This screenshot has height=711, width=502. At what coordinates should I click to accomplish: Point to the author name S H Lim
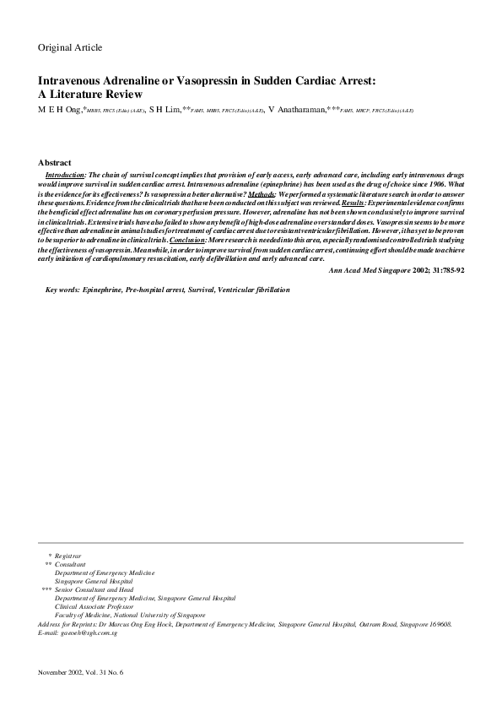(165, 110)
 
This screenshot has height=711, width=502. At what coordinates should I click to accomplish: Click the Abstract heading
(55, 162)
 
